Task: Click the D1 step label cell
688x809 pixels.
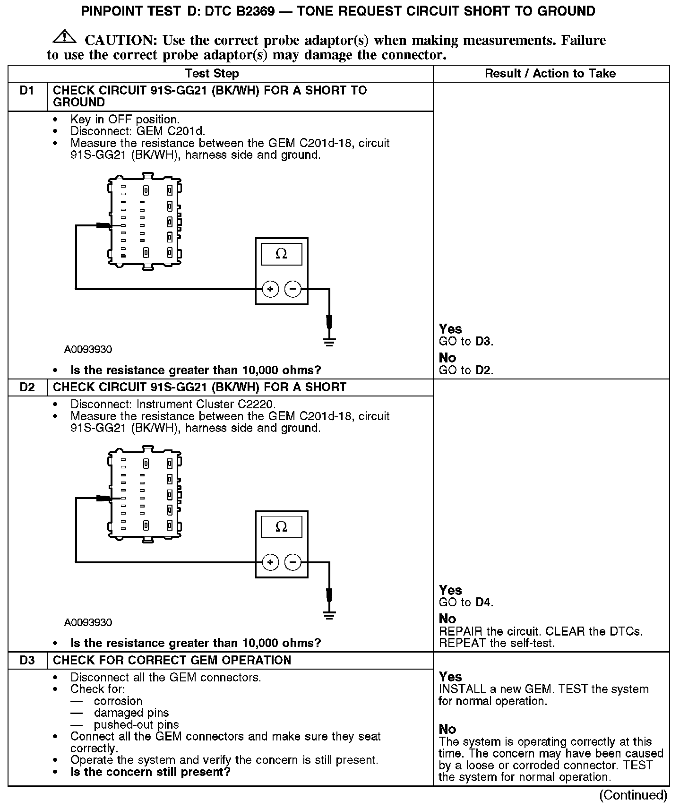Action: pyautogui.click(x=27, y=91)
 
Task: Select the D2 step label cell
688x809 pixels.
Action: pyautogui.click(x=27, y=387)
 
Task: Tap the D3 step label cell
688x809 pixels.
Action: pyautogui.click(x=27, y=661)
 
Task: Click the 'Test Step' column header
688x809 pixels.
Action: pyautogui.click(x=212, y=74)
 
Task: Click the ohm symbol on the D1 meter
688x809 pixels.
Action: pyautogui.click(x=281, y=254)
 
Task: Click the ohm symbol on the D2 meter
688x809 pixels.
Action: pyautogui.click(x=281, y=527)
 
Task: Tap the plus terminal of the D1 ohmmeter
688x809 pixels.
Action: pyautogui.click(x=270, y=289)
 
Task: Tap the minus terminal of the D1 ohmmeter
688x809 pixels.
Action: pyautogui.click(x=293, y=289)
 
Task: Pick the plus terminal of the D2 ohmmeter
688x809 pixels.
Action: pyautogui.click(x=270, y=562)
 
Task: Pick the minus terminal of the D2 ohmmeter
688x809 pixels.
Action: pyautogui.click(x=293, y=562)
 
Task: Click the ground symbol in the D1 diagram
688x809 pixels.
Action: pyautogui.click(x=329, y=341)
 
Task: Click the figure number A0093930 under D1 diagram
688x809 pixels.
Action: pyautogui.click(x=88, y=350)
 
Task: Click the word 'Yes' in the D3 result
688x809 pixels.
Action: pyautogui.click(x=450, y=677)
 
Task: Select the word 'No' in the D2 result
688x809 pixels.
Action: pyautogui.click(x=447, y=619)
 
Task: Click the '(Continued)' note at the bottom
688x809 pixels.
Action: pyautogui.click(x=633, y=795)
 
